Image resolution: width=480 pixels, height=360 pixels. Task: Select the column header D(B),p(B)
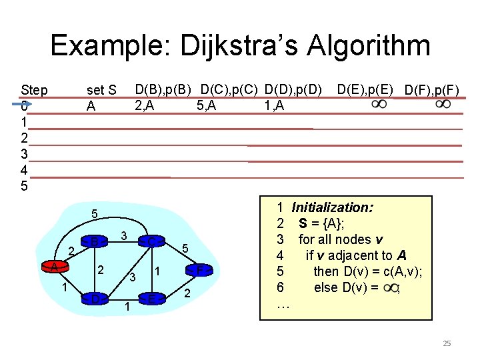(164, 89)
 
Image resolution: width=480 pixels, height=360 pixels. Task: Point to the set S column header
(102, 90)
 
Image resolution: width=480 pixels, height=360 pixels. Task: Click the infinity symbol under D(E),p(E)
(379, 105)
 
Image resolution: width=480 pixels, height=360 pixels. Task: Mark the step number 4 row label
(25, 170)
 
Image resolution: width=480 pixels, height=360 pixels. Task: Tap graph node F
(199, 270)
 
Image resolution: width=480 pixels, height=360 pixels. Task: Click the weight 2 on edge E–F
(187, 293)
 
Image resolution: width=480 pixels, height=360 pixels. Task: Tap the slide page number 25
(447, 343)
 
